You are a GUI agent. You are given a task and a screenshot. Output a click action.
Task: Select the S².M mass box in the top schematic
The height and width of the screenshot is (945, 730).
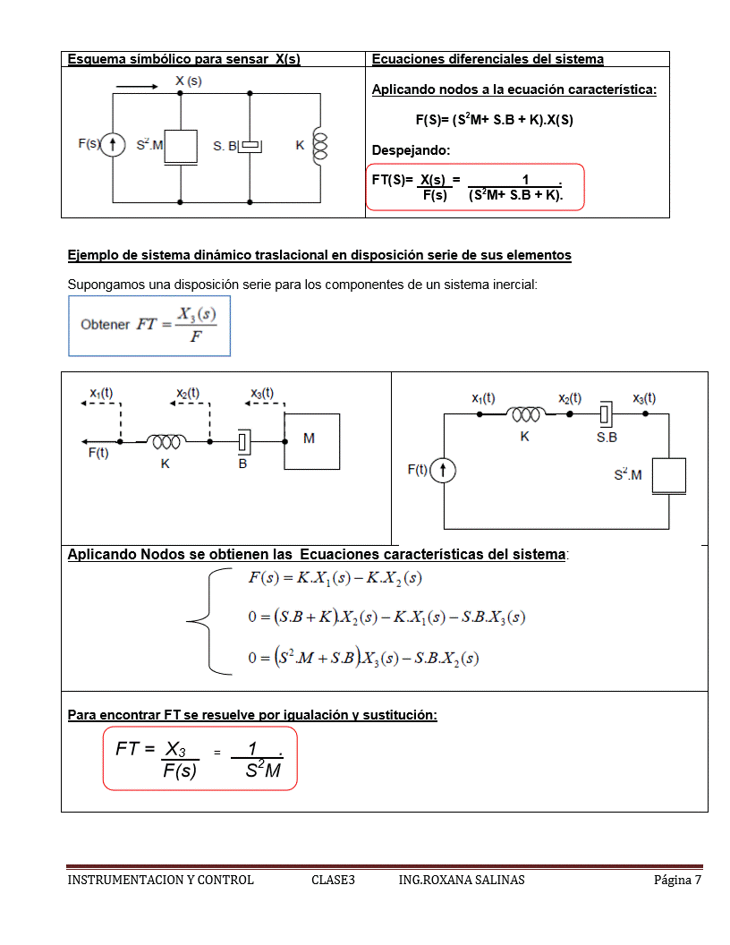click(x=181, y=146)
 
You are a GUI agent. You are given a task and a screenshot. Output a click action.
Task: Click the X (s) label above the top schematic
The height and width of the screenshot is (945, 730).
click(x=188, y=81)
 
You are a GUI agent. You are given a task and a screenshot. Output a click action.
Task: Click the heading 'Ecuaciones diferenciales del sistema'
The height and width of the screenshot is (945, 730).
click(x=488, y=60)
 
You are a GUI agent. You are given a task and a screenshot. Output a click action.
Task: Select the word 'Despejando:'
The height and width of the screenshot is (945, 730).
click(x=404, y=149)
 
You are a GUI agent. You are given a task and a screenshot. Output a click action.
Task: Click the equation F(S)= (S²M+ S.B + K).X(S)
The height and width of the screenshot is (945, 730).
click(x=494, y=119)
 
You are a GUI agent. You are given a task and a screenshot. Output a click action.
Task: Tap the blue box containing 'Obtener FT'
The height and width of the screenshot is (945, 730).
click(x=149, y=327)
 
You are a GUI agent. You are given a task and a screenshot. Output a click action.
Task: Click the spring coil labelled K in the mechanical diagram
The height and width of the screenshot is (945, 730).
click(x=166, y=441)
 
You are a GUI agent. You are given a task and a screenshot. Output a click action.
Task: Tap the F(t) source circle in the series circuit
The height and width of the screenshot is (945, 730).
click(x=444, y=470)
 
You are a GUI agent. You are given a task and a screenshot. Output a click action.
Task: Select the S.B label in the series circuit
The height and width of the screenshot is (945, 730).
click(x=607, y=438)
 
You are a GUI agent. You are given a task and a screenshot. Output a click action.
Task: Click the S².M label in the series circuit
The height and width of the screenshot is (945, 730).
click(x=627, y=474)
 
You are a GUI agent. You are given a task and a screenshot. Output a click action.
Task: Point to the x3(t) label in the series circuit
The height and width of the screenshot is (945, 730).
click(x=643, y=398)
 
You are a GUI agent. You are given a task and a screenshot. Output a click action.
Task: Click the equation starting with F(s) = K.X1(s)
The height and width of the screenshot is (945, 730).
click(x=335, y=578)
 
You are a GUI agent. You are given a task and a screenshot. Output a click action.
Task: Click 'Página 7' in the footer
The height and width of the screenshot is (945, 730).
click(x=677, y=880)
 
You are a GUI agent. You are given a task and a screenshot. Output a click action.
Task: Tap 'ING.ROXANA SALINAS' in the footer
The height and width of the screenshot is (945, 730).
click(x=462, y=880)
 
